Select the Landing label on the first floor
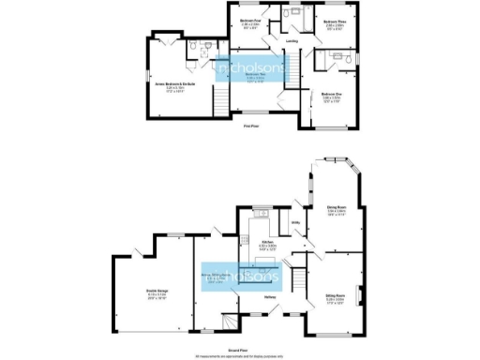292,41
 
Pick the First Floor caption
250,125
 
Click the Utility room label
293,222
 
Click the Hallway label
268,298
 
